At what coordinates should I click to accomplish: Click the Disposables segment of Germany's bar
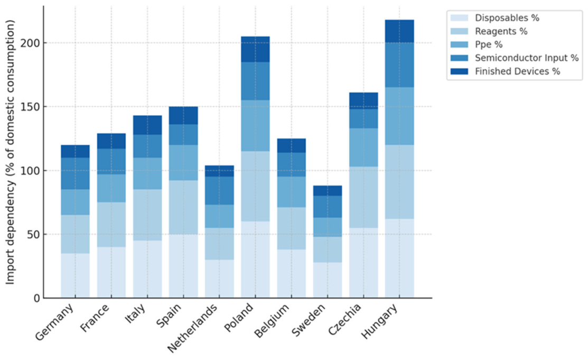[75, 275]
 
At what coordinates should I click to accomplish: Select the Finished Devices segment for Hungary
[399, 31]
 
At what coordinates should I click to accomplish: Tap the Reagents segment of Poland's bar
[255, 186]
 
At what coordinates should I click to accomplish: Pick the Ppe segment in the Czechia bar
[363, 147]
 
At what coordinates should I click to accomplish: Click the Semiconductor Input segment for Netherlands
[219, 191]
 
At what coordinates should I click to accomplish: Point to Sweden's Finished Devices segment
[328, 191]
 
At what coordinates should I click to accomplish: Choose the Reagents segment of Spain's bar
[183, 207]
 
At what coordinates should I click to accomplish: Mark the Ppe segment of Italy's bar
[147, 173]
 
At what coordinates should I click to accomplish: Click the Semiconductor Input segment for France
[111, 161]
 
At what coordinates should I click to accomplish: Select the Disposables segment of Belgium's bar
[292, 274]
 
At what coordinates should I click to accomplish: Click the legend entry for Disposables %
[494, 17]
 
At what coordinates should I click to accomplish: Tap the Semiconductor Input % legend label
[527, 58]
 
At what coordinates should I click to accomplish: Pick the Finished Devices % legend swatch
[460, 71]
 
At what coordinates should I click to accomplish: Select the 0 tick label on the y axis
[36, 299]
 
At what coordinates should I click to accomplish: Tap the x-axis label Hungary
[379, 321]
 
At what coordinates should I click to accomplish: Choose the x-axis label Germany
[55, 322]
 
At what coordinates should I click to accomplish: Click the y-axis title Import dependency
[10, 152]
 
